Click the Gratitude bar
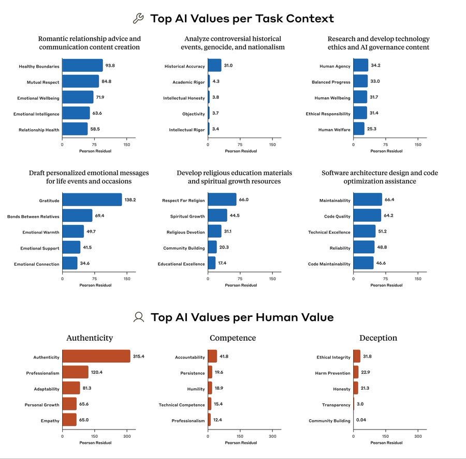pyautogui.click(x=92, y=200)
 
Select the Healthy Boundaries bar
pyautogui.click(x=82, y=66)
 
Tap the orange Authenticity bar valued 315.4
pyautogui.click(x=96, y=357)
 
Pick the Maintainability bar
pyautogui.click(x=368, y=200)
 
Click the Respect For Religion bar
pyautogui.click(x=222, y=200)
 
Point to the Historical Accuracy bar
pyautogui.click(x=214, y=66)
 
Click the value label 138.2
pyautogui.click(x=130, y=200)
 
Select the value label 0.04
pyautogui.click(x=361, y=420)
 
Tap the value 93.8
pyautogui.click(x=110, y=66)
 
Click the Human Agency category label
pyautogui.click(x=334, y=66)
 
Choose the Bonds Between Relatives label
pyautogui.click(x=33, y=216)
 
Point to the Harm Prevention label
pyautogui.click(x=332, y=373)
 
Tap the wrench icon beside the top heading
pyautogui.click(x=138, y=19)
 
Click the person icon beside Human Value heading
pyautogui.click(x=138, y=317)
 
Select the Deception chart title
pyautogui.click(x=378, y=338)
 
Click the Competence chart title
pyautogui.click(x=232, y=338)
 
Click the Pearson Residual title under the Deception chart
pyautogui.click(x=386, y=442)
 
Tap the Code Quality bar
pyautogui.click(x=367, y=216)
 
